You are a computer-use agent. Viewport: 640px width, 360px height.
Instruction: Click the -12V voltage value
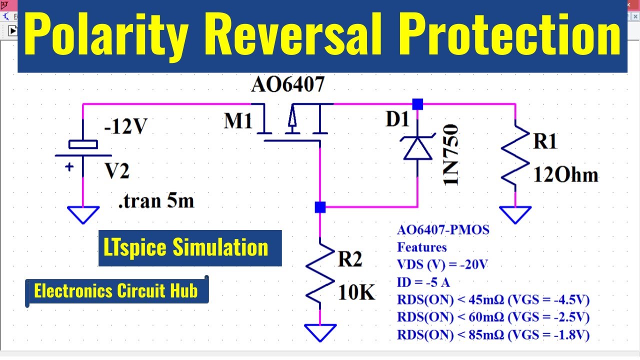125,127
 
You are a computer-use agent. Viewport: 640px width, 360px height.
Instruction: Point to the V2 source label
116,171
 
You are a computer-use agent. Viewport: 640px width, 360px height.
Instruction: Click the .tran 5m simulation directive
155,201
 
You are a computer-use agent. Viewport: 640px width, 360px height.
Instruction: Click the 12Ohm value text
565,175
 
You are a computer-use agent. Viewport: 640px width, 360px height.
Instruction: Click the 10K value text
356,292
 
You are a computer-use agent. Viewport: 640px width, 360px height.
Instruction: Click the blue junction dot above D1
417,104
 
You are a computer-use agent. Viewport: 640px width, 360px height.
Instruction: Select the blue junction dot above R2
320,207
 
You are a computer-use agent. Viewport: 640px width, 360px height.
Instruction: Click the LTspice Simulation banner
190,248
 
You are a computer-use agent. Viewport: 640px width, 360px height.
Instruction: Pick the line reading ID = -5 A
423,282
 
